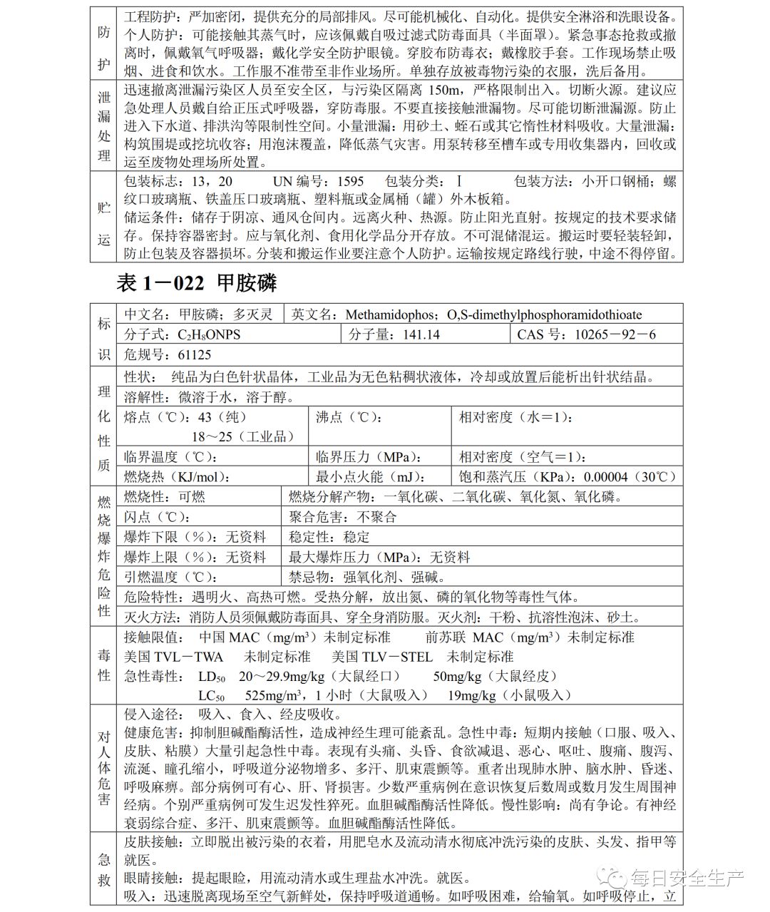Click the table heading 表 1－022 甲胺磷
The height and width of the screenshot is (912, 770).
click(x=196, y=283)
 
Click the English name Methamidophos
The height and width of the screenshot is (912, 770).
click(x=394, y=314)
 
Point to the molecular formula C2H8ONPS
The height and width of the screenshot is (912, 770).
click(x=208, y=334)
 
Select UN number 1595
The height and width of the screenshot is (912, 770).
click(x=350, y=181)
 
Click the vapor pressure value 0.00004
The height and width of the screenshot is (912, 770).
click(x=605, y=477)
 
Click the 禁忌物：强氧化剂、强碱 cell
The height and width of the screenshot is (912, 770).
click(x=367, y=577)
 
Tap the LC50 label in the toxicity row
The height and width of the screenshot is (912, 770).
click(x=211, y=695)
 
